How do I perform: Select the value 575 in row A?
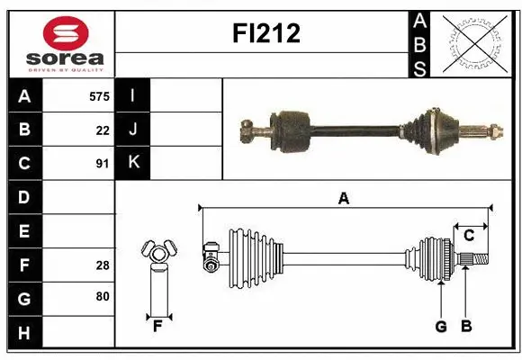[99, 95]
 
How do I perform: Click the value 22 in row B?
[103, 130]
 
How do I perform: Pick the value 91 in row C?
[103, 164]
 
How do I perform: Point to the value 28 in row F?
[103, 265]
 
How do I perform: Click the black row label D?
[24, 197]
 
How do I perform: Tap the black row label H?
[24, 333]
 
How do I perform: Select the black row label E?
[24, 231]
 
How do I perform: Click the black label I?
[133, 95]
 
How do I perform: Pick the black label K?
[133, 163]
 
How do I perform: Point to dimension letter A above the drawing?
[343, 199]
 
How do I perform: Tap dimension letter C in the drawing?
[469, 236]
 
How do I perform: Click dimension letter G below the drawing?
[441, 327]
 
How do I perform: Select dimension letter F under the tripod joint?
[157, 327]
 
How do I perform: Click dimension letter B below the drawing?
[465, 327]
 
